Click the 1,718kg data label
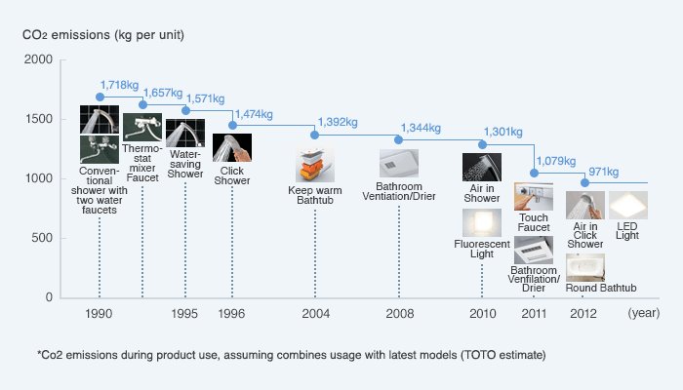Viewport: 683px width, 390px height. click(119, 86)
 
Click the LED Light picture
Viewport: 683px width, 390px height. click(628, 205)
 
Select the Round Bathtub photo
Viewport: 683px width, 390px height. click(585, 267)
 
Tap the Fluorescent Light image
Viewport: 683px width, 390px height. click(482, 222)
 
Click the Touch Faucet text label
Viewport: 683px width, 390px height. click(534, 221)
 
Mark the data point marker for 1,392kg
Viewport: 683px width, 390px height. click(315, 135)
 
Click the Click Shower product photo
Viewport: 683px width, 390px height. click(232, 147)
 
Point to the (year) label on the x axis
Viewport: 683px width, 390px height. click(644, 314)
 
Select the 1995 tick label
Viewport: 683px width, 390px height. click(184, 314)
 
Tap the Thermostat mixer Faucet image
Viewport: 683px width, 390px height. click(142, 127)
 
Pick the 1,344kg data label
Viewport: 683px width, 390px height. click(421, 128)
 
